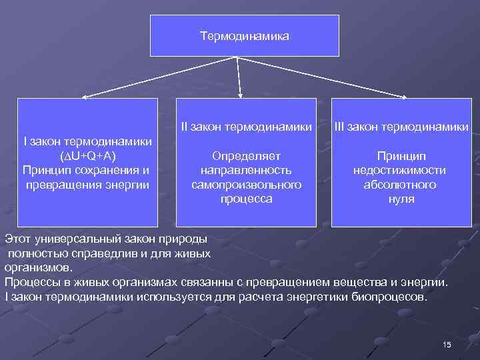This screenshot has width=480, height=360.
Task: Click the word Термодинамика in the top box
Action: (x=245, y=35)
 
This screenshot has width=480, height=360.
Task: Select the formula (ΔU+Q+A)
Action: (x=87, y=155)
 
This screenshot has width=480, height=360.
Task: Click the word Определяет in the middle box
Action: (x=246, y=155)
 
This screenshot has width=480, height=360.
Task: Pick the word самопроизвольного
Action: (x=246, y=184)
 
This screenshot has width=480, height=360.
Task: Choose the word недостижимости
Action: (x=401, y=170)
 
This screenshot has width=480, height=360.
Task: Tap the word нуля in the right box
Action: (x=401, y=199)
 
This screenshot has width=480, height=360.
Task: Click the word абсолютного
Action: (x=401, y=184)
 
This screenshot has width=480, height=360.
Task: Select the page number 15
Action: (x=447, y=344)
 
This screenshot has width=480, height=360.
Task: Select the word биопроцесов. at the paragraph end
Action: (x=391, y=296)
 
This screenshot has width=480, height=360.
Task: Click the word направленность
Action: (x=246, y=170)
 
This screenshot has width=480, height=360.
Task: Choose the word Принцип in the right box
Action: (x=401, y=155)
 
